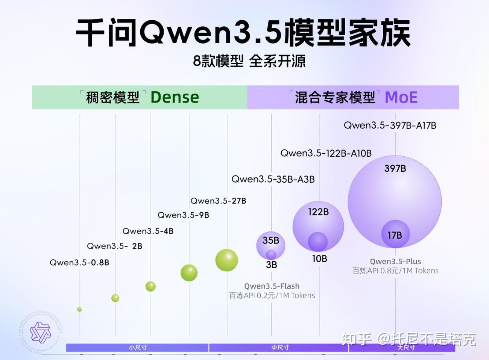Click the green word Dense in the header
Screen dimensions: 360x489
tap(175, 97)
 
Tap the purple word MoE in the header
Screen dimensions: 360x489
tap(401, 98)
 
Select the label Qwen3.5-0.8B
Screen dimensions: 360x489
tap(79, 262)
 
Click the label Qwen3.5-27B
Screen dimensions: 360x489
tap(218, 201)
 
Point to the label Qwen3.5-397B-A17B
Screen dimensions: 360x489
tap(390, 126)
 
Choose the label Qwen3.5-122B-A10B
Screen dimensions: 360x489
tap(326, 153)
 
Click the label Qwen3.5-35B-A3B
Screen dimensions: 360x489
tap(273, 179)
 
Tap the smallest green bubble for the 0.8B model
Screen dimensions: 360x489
tap(79, 309)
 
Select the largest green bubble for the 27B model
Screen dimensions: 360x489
tap(226, 260)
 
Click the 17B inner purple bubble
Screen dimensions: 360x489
tap(395, 234)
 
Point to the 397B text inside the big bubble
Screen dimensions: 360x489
tap(395, 168)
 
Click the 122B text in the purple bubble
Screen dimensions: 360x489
tap(318, 212)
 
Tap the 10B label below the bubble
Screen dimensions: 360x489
tap(319, 259)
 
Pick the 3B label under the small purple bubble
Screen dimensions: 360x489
tap(271, 265)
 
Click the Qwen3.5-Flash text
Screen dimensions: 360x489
tap(272, 286)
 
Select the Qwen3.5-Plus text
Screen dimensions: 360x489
tap(395, 262)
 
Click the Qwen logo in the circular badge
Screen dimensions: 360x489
tap(40, 333)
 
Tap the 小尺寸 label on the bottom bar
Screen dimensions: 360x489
tap(138, 348)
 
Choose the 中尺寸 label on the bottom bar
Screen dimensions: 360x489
tap(280, 348)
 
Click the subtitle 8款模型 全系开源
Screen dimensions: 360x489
tap(249, 61)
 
